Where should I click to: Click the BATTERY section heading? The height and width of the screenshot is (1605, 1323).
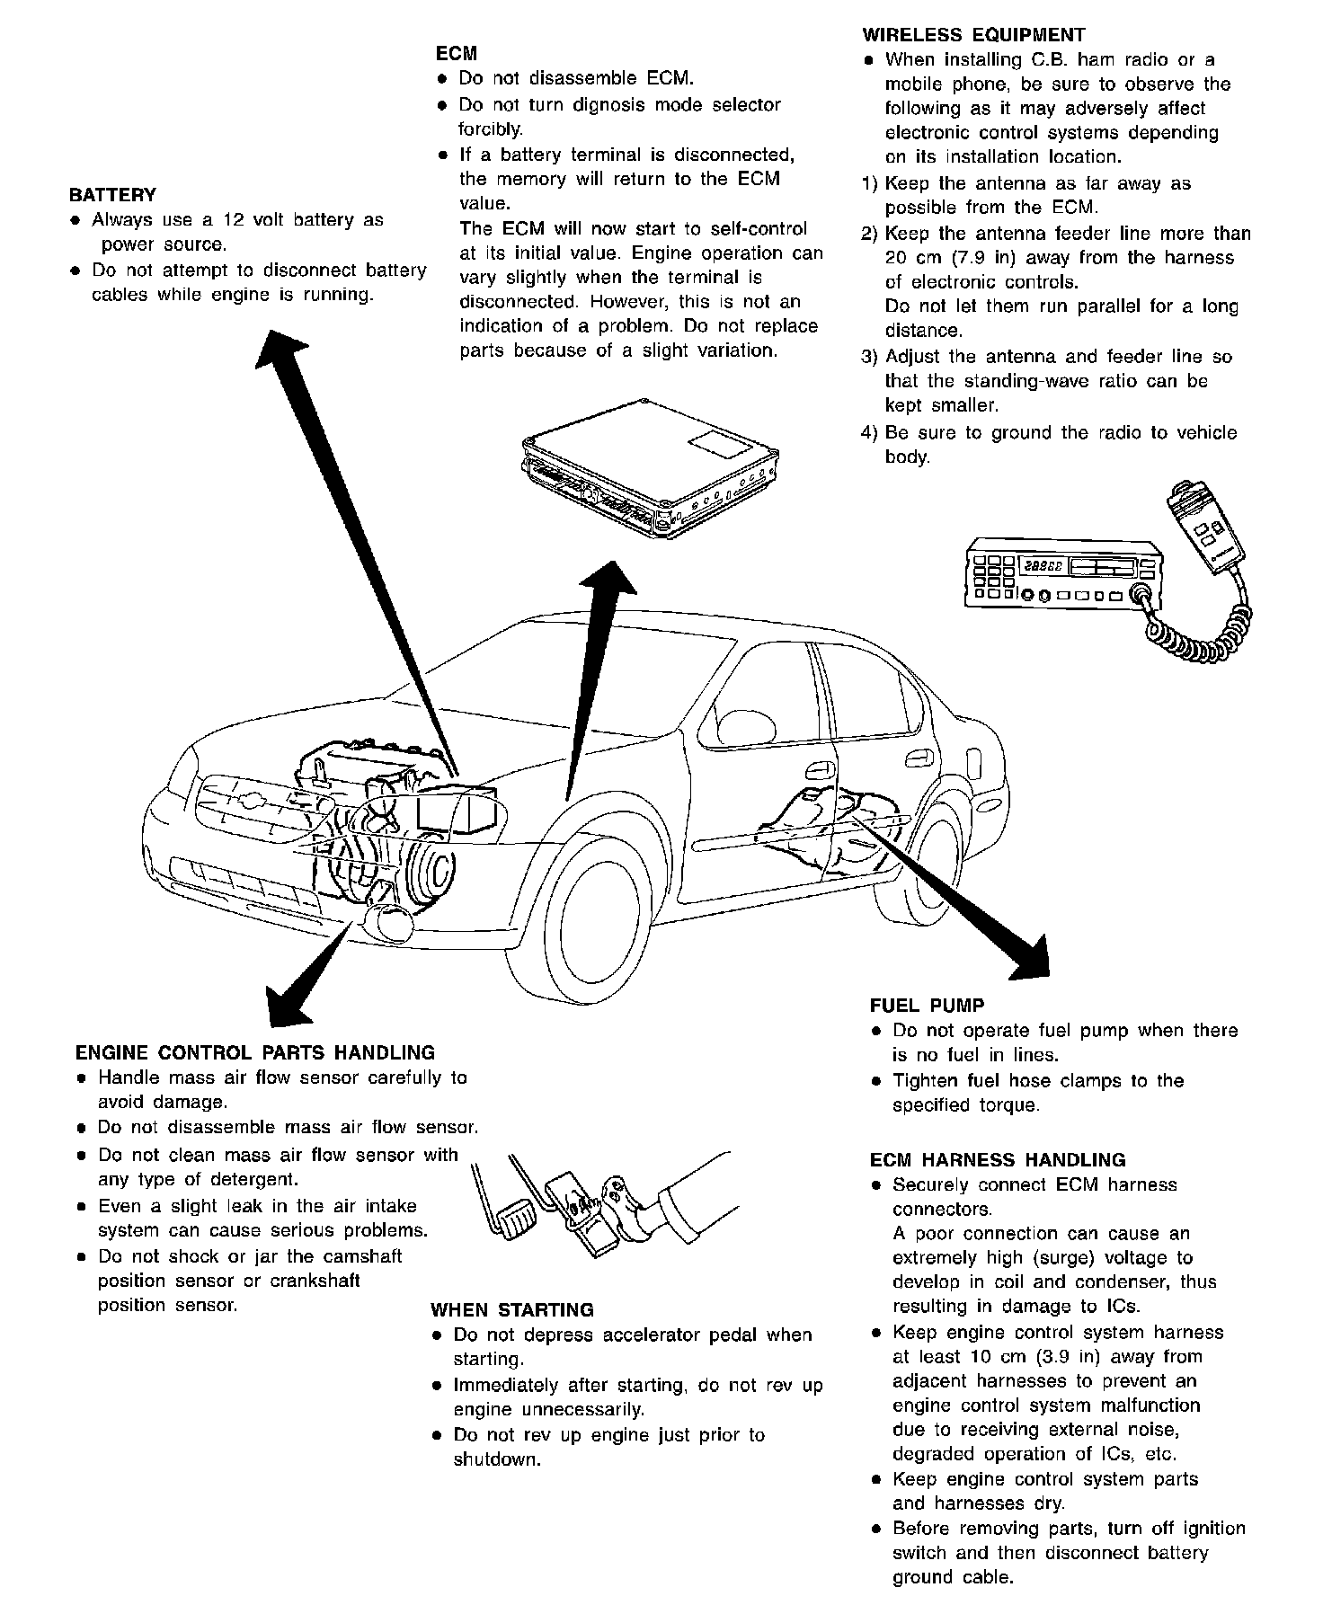[x=112, y=195]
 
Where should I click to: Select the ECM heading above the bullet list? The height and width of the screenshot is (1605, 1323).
[x=456, y=54]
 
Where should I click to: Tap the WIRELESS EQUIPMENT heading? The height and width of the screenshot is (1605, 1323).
[x=973, y=35]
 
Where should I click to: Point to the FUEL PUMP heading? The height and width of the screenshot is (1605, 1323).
[x=927, y=1006]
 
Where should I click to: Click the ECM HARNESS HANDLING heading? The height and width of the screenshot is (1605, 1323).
[x=998, y=1160]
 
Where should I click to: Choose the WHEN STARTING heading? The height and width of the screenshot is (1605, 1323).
[x=512, y=1310]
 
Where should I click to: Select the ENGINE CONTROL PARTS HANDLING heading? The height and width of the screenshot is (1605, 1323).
[x=255, y=1052]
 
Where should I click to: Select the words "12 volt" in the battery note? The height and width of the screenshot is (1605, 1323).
[x=264, y=220]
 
